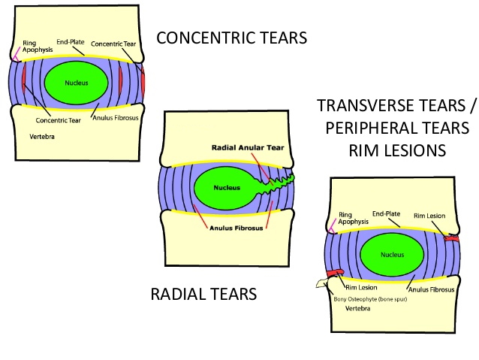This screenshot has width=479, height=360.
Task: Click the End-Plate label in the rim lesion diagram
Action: pyautogui.click(x=387, y=213)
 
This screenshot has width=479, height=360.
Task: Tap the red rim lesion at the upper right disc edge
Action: pyautogui.click(x=451, y=238)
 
